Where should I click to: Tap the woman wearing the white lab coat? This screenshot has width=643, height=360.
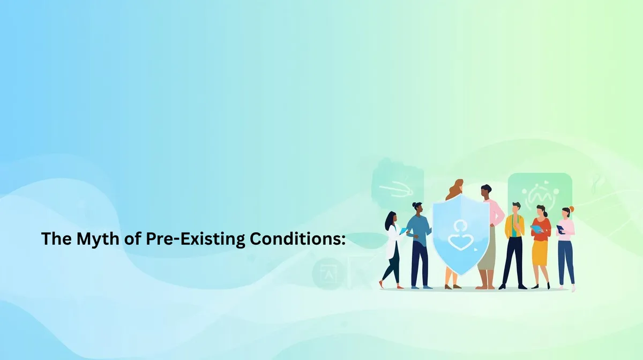(392, 247)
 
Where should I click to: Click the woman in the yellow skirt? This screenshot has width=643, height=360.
(540, 246)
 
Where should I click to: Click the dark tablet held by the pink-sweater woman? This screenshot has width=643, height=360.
(560, 229)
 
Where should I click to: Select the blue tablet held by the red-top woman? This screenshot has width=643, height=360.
(536, 229)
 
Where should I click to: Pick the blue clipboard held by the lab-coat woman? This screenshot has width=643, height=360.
(403, 231)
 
